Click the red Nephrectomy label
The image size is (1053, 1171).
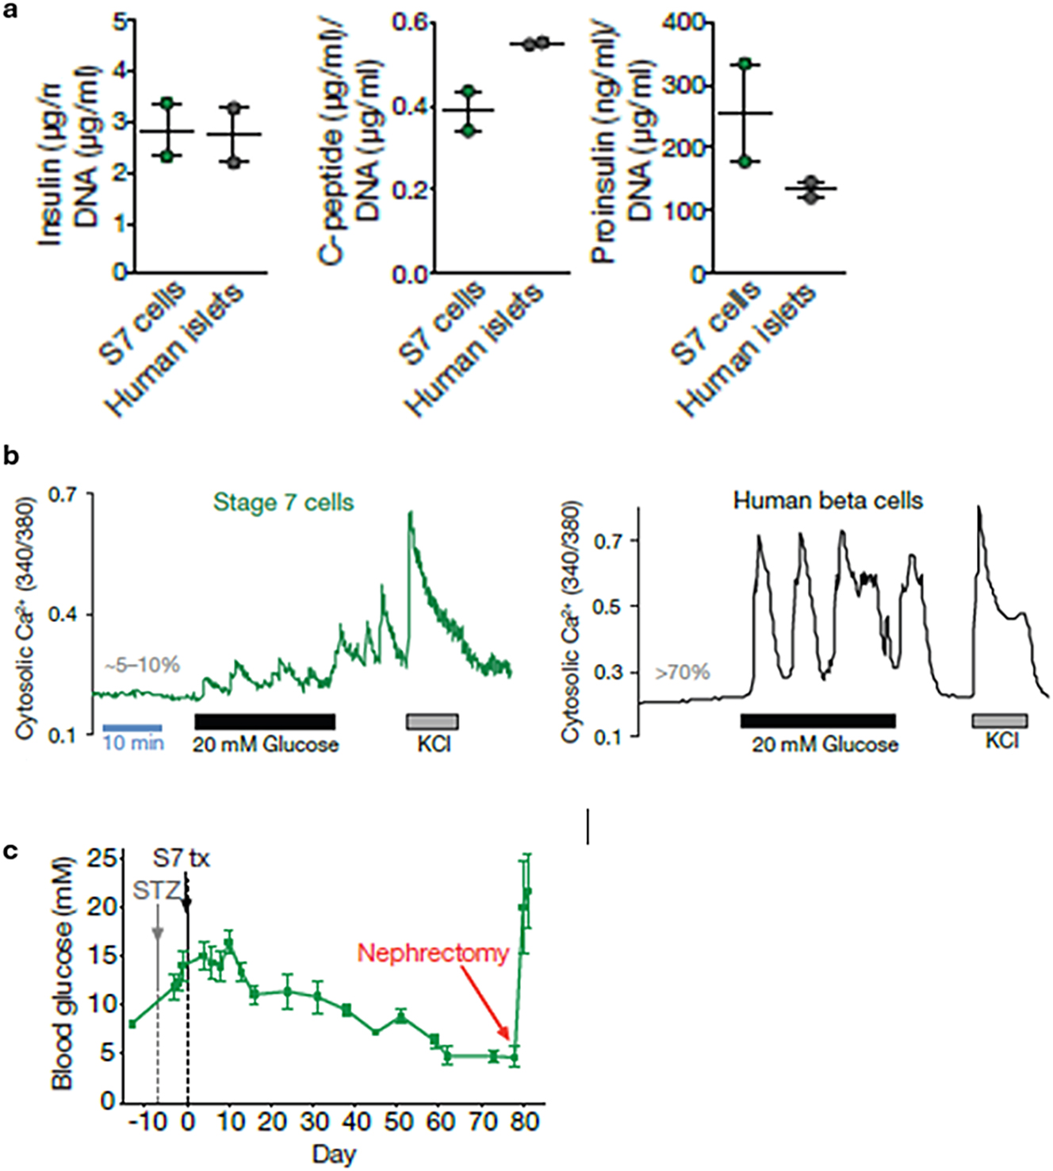click(x=433, y=953)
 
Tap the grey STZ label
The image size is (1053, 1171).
click(x=156, y=890)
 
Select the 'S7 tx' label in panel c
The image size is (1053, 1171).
click(x=182, y=858)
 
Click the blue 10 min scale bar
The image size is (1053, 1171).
click(x=132, y=728)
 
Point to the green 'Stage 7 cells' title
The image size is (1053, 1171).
click(x=283, y=503)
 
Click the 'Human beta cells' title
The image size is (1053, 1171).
click(x=828, y=501)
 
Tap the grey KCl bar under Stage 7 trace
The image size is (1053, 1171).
click(x=432, y=721)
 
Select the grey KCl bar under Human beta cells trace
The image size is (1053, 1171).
click(x=1000, y=720)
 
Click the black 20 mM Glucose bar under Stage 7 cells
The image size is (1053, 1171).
click(x=265, y=721)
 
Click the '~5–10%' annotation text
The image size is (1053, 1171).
click(x=142, y=665)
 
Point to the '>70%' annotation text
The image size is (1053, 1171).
click(x=682, y=673)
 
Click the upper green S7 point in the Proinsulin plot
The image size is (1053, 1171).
click(x=745, y=64)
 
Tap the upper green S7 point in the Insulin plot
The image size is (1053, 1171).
click(x=167, y=104)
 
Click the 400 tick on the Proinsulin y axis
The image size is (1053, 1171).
click(x=686, y=22)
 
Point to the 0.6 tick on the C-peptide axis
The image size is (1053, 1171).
click(x=410, y=22)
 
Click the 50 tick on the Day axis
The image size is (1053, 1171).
click(x=398, y=1122)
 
